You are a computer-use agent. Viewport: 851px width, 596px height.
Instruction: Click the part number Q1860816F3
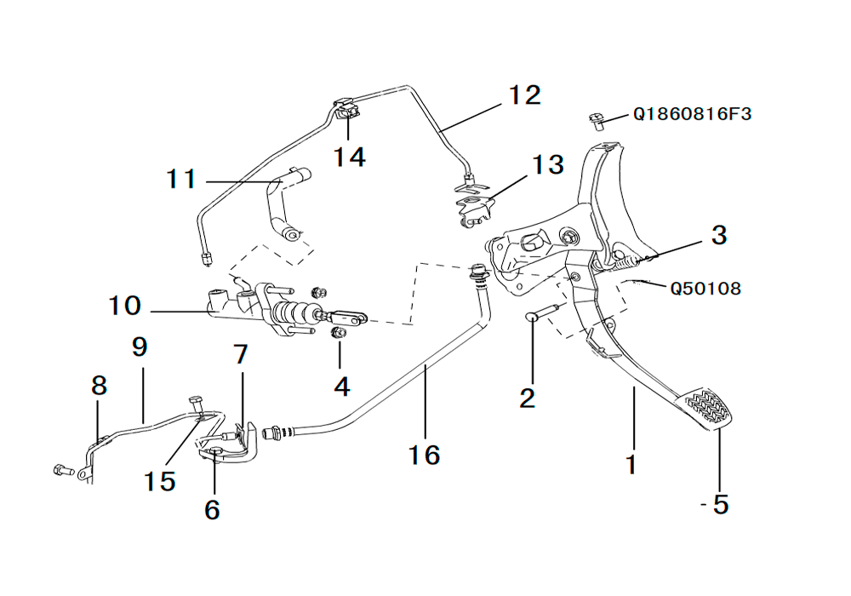pyautogui.click(x=692, y=113)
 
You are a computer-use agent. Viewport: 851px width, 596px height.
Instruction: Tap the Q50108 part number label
pyautogui.click(x=705, y=289)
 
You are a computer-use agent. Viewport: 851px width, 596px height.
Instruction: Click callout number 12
pyautogui.click(x=525, y=95)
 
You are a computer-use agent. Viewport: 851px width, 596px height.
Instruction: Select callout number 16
pyautogui.click(x=424, y=455)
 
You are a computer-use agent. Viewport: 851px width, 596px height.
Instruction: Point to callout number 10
pyautogui.click(x=124, y=305)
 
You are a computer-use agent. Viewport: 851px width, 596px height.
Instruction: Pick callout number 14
pyautogui.click(x=349, y=157)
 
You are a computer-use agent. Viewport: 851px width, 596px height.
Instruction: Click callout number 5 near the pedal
pyautogui.click(x=720, y=505)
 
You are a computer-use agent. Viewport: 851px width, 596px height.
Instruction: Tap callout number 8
pyautogui.click(x=100, y=386)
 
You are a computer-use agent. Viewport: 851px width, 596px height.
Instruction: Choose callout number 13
pyautogui.click(x=549, y=164)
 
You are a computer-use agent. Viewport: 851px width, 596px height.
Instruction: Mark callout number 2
pyautogui.click(x=528, y=397)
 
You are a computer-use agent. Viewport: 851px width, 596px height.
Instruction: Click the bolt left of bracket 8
pyautogui.click(x=61, y=469)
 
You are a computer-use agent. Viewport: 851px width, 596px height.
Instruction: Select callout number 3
pyautogui.click(x=719, y=235)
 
